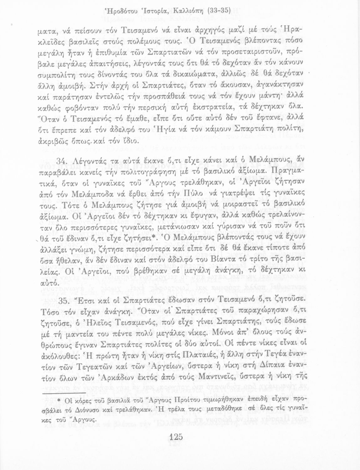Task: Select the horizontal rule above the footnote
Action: [64, 392]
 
